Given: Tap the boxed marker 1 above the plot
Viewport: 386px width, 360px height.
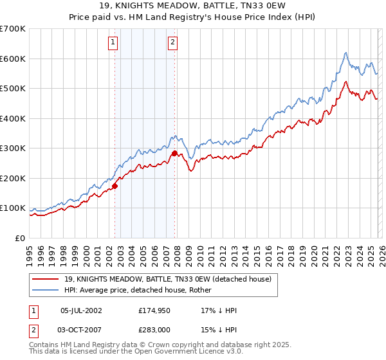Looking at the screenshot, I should (x=113, y=43).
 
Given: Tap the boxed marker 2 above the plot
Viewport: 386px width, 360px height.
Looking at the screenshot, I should (x=173, y=43).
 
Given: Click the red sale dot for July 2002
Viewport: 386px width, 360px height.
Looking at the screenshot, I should (x=115, y=186).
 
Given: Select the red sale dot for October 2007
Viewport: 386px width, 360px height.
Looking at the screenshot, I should (x=174, y=154).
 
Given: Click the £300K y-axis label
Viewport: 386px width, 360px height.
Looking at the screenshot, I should (x=13, y=148).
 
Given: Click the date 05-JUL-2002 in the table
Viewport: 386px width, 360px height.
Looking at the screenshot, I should (x=81, y=310).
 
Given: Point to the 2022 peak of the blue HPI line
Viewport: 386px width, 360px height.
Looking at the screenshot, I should (x=345, y=53).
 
